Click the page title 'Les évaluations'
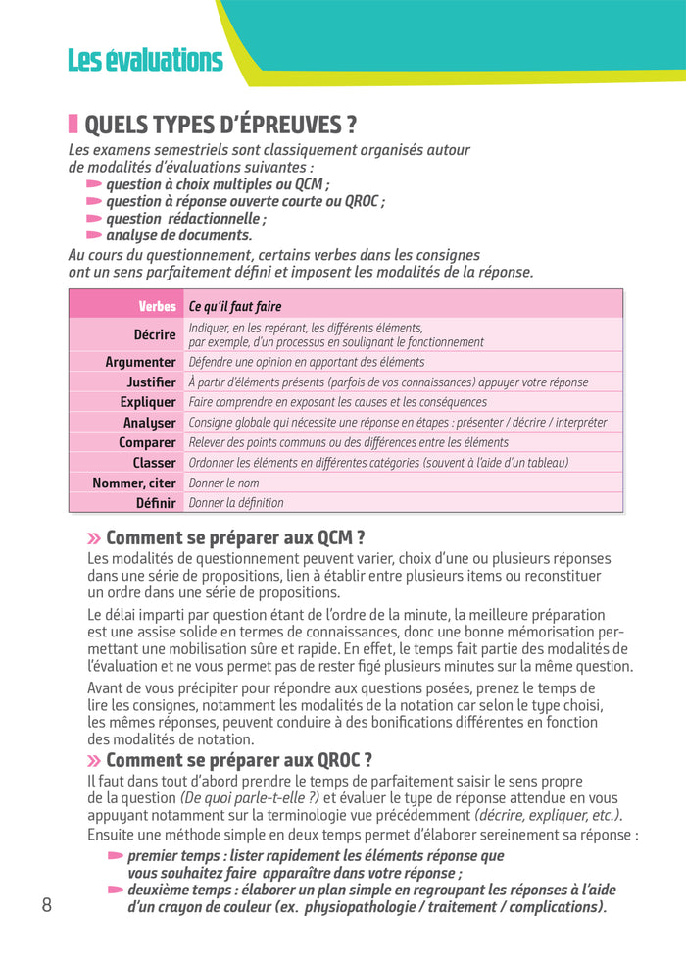(x=145, y=61)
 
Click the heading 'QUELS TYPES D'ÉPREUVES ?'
(x=220, y=126)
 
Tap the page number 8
(x=46, y=904)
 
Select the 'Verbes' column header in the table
(x=157, y=306)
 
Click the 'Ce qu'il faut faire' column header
(x=235, y=306)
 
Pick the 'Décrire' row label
(x=155, y=334)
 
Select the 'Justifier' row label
(x=152, y=382)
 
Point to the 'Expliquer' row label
(x=148, y=402)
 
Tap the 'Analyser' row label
(x=150, y=423)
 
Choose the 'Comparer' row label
(x=147, y=442)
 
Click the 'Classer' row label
(x=154, y=463)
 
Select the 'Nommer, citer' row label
(x=134, y=483)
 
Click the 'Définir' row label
(x=156, y=503)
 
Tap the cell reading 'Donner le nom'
(x=224, y=483)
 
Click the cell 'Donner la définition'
(x=236, y=503)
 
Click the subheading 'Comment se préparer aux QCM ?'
(x=235, y=537)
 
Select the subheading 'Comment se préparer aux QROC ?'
(x=239, y=760)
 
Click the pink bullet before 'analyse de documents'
(x=94, y=235)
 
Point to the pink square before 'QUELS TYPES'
(x=73, y=125)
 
